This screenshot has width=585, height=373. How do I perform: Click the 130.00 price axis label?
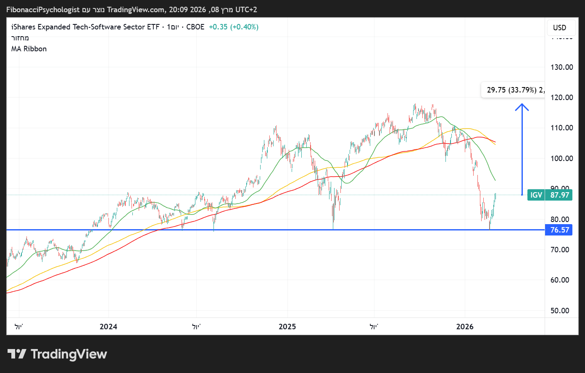[x=561, y=67]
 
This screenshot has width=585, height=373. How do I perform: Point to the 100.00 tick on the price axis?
[x=561, y=158]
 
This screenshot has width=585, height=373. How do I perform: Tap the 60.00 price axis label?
[x=560, y=280]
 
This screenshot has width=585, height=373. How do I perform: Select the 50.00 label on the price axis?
[x=560, y=311]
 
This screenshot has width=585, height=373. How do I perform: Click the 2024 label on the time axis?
[x=108, y=327]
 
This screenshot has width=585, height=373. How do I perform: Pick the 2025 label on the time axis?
[x=287, y=327]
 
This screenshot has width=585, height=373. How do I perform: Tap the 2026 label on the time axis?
[x=465, y=327]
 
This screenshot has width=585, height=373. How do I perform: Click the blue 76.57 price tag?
[x=559, y=230]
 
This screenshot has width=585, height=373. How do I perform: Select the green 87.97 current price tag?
[x=559, y=195]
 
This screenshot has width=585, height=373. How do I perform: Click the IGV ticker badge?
[x=536, y=195]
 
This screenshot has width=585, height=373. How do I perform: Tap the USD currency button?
[x=559, y=28]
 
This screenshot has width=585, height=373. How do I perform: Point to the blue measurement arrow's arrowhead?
[x=522, y=105]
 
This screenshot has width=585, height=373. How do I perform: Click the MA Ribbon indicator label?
[x=29, y=49]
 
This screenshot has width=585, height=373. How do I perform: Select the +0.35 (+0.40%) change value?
[x=234, y=27]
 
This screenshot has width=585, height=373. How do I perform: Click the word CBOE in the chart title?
[x=195, y=27]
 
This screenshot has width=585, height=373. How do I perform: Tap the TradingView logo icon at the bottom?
[x=17, y=354]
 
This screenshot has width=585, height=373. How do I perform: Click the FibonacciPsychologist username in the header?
[x=43, y=9]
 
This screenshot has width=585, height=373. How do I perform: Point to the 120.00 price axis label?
[x=561, y=97]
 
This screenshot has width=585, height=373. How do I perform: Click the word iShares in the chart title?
[x=23, y=27]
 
